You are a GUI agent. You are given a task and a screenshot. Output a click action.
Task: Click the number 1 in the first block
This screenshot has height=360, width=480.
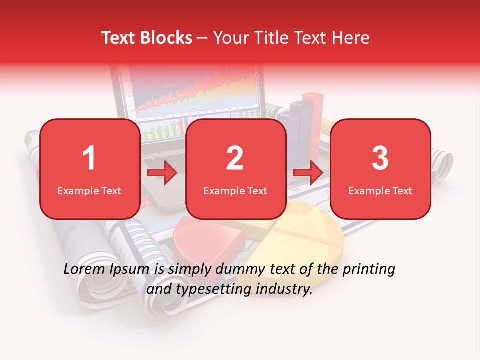click(x=89, y=158)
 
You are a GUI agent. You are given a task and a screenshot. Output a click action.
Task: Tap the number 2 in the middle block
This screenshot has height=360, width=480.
click(x=235, y=158)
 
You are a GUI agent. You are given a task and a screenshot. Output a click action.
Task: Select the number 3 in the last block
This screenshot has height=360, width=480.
click(x=380, y=158)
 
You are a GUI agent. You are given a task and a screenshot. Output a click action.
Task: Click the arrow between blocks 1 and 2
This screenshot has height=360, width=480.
click(x=162, y=173)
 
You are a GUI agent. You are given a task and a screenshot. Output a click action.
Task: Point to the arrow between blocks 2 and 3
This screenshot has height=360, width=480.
click(x=308, y=173)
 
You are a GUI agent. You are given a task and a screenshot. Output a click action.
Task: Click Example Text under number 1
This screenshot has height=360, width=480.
click(x=89, y=190)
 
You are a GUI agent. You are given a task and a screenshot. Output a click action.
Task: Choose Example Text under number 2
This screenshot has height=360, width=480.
click(x=235, y=190)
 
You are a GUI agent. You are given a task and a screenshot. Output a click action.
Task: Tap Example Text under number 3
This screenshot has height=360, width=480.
click(x=380, y=190)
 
